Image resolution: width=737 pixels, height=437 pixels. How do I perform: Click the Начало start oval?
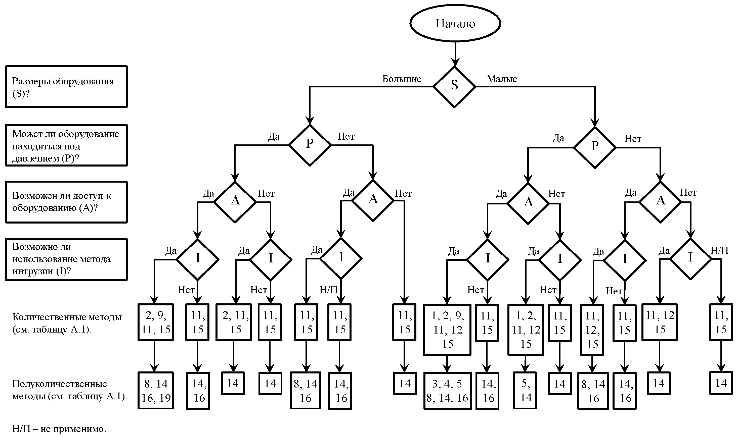pos(455,23)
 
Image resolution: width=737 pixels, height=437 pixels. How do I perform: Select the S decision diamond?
pos(454,87)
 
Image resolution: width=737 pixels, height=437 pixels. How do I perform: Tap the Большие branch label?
pos(402,79)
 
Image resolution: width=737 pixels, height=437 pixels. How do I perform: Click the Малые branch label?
pos(502,79)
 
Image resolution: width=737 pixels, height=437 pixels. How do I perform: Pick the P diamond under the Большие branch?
pos(310,145)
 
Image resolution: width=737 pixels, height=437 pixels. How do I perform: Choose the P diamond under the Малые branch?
pos(595,147)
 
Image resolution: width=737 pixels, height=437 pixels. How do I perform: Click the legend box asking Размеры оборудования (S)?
pos(66,87)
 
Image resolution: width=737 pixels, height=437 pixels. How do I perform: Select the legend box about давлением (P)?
pos(66,145)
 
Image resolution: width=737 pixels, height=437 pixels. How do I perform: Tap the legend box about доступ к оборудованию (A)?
pos(66,202)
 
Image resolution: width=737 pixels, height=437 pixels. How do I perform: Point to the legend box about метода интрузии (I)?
pos(66,259)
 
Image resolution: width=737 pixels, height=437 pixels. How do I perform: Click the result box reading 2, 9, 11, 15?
pos(156,322)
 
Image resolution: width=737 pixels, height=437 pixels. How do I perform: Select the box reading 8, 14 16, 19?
pos(156,391)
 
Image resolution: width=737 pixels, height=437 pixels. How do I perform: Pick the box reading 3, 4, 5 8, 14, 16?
pos(448,391)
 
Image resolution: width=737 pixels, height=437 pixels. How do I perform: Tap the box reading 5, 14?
pos(525,391)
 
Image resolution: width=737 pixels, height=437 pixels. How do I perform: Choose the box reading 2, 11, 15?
pos(234,322)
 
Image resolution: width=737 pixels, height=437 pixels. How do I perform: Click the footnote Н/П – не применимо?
pos(59,428)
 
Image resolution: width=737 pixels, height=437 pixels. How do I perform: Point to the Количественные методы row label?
pos(67,323)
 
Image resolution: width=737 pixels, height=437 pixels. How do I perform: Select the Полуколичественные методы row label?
pos(70,390)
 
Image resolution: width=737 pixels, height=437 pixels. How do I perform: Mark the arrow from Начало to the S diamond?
pos(455,54)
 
